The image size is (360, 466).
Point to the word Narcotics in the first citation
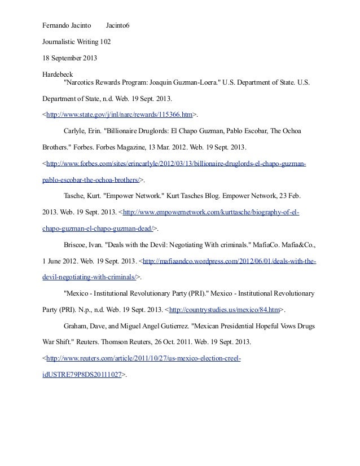pos(83,82)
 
